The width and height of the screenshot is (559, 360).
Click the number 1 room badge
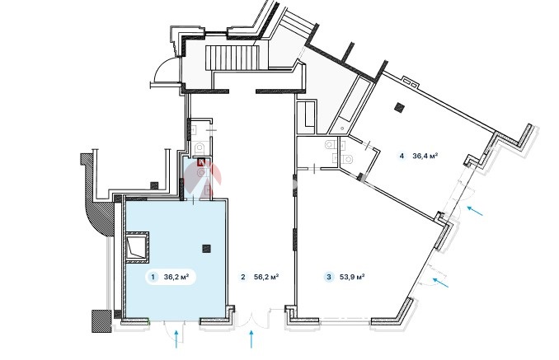pos(153,278)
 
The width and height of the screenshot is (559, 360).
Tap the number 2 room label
pos(242,278)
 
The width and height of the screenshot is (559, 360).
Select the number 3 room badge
pos(329,278)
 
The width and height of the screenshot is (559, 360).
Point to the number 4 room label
pos(402,155)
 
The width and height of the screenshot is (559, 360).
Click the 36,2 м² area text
pos(176,278)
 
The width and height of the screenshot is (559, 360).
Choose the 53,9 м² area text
pos(352,278)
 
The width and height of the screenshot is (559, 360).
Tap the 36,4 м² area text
pos(425,155)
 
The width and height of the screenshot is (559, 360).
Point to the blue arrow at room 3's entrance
pos(442,283)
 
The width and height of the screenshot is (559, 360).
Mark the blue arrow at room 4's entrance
pos(475,211)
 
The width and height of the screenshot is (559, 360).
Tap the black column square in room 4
pos(400,106)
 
